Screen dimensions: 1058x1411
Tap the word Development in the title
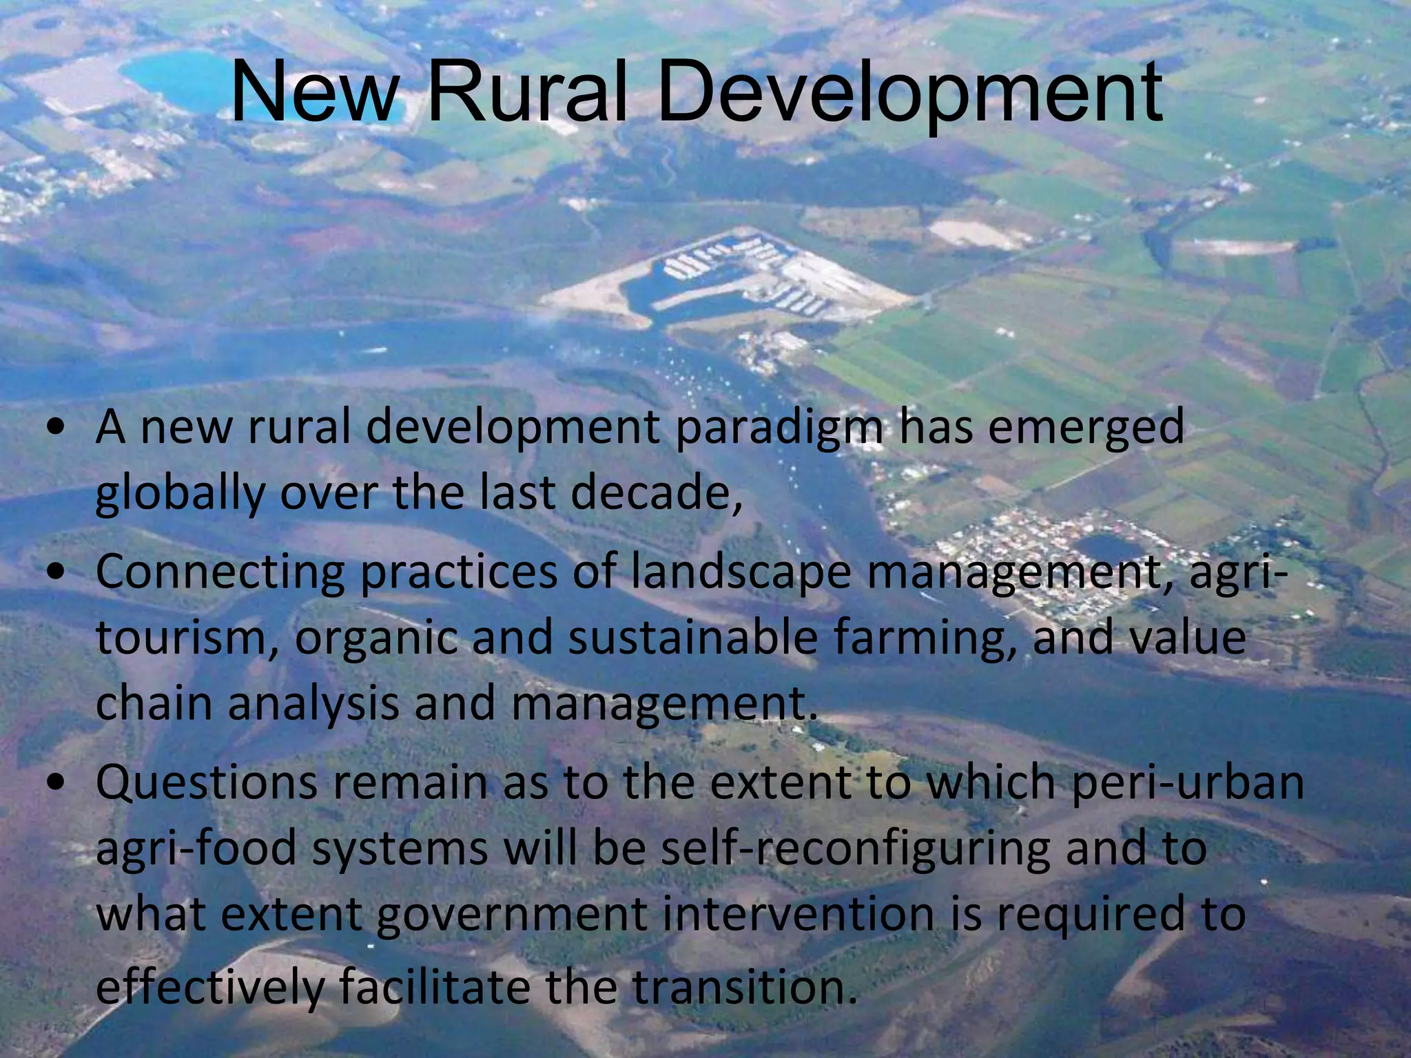(909, 92)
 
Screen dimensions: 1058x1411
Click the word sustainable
(692, 638)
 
